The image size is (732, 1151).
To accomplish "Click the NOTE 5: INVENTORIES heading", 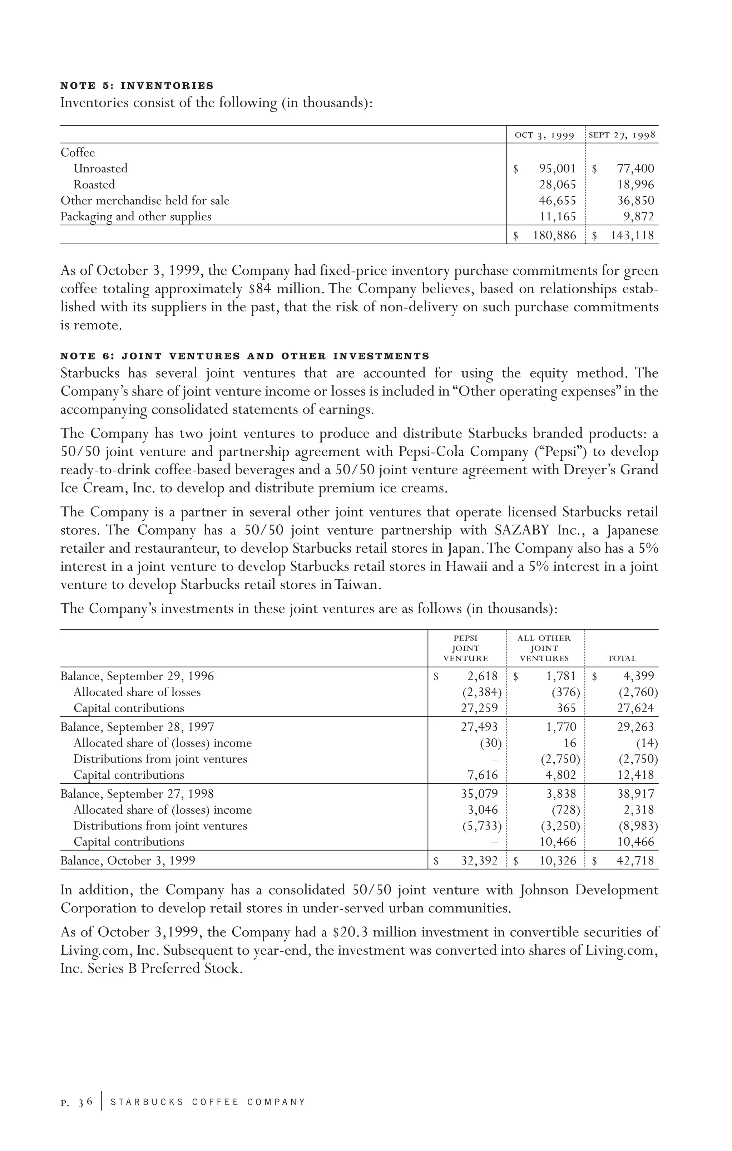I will click(x=137, y=86).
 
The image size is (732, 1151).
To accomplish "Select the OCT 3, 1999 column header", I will click(x=544, y=135).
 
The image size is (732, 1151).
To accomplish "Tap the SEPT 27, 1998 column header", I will click(x=622, y=135).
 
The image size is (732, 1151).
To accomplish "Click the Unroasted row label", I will click(x=100, y=169).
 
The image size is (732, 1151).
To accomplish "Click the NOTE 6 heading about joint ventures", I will click(x=244, y=356).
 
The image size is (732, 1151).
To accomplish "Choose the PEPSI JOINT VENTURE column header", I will click(x=465, y=648).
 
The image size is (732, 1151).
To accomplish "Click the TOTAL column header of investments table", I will click(x=622, y=659).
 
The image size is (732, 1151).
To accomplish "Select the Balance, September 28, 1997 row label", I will click(x=137, y=728).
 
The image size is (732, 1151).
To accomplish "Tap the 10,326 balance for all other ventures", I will click(x=558, y=861).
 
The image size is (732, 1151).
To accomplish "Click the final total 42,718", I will click(x=635, y=861).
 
